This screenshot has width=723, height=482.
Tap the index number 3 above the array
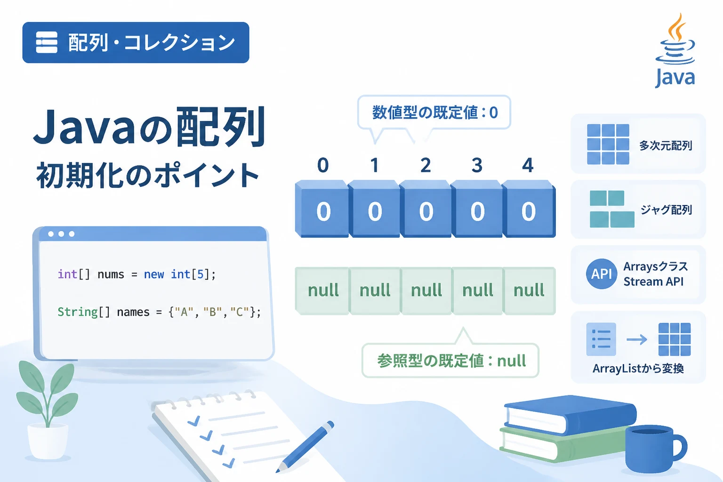pos(477,165)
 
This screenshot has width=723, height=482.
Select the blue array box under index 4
pos(529,209)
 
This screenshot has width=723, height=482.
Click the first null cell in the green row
pos(322,290)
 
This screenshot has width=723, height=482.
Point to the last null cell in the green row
pos(530,290)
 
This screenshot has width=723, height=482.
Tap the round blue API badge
pos(601,274)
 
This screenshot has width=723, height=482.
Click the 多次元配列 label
pos(666,145)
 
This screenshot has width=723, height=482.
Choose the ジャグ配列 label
pos(666,210)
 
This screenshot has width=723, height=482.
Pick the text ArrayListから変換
pos(638,369)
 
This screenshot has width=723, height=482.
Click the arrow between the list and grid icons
pos(636,339)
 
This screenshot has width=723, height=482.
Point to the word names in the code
pos(133,312)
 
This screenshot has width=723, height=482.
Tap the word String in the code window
pos(78,312)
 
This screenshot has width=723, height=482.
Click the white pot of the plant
pos(48,441)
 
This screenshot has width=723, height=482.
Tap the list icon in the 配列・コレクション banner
pos(47,42)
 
